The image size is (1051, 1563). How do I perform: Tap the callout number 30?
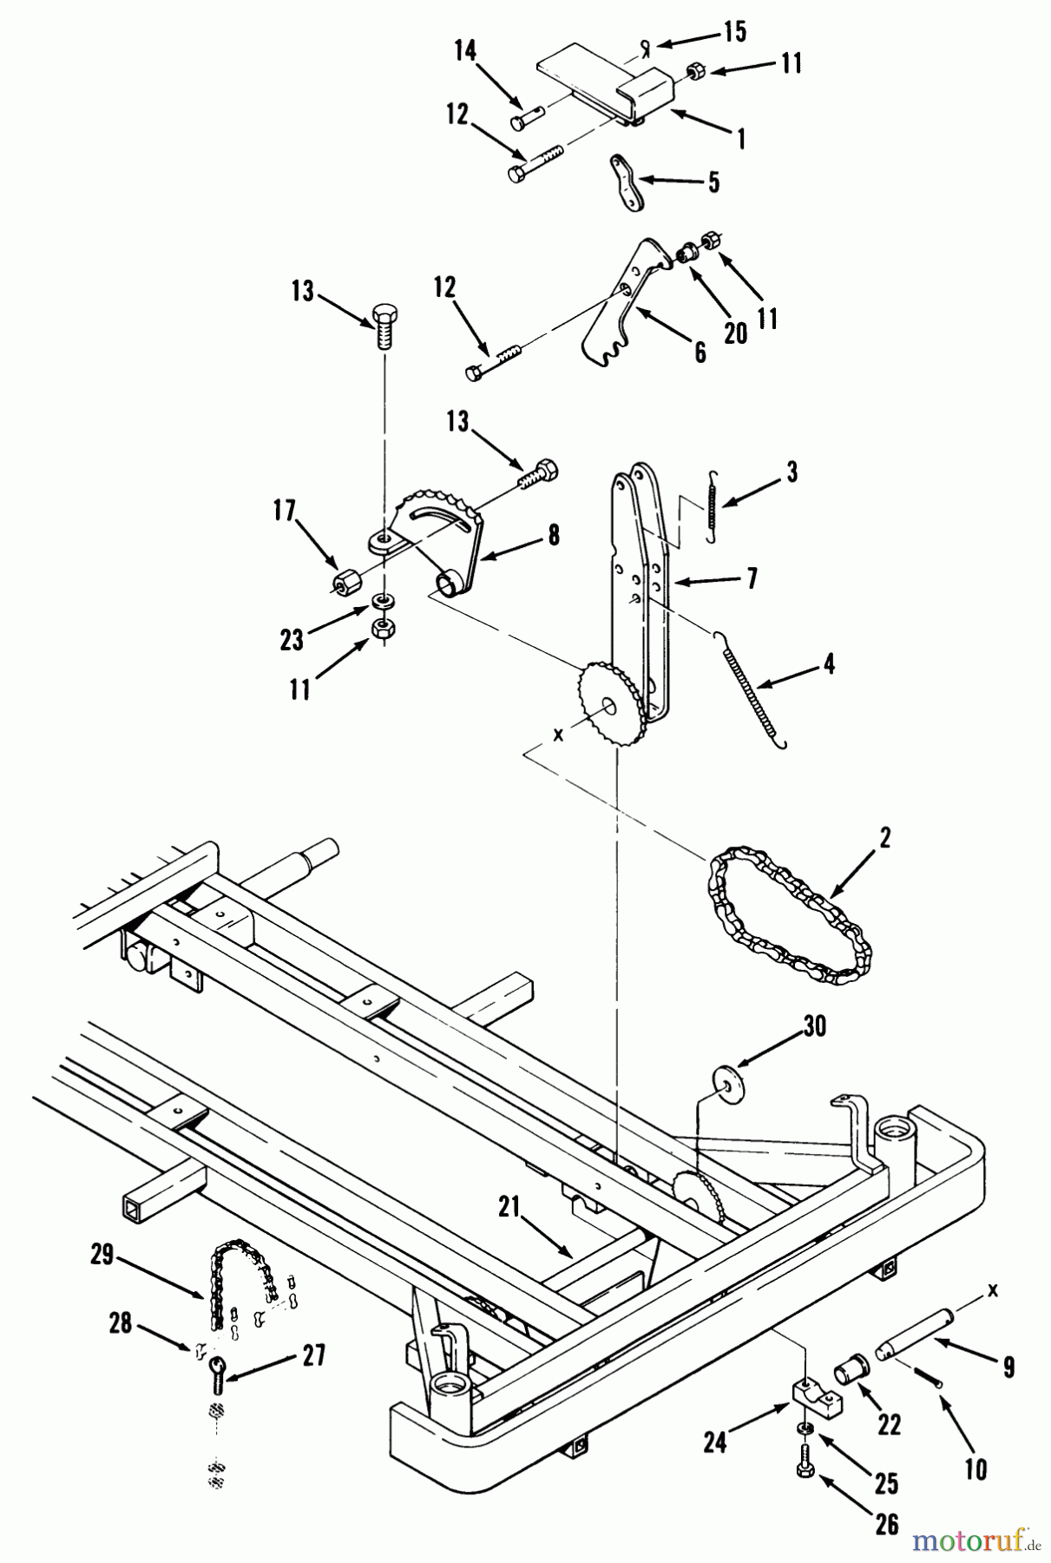pos(814,1026)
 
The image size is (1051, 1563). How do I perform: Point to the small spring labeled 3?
pos(711,506)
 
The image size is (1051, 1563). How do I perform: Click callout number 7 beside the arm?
pos(752,578)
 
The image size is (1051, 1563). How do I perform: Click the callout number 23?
pos(292,640)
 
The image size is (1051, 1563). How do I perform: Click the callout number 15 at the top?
pos(734,32)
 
